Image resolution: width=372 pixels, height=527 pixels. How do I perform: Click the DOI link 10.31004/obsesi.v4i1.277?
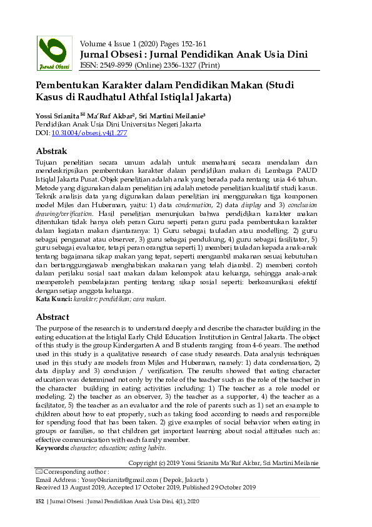pos(89,133)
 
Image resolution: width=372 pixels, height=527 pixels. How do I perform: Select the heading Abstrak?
pos(51,151)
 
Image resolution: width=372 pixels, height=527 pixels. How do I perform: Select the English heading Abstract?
pos(52,317)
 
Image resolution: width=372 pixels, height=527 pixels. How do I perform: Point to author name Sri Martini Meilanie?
pos(186,116)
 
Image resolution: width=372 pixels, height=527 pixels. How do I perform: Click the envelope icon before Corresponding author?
pos(39,471)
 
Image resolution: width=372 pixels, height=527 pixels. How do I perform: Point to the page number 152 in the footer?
pos(40,501)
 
